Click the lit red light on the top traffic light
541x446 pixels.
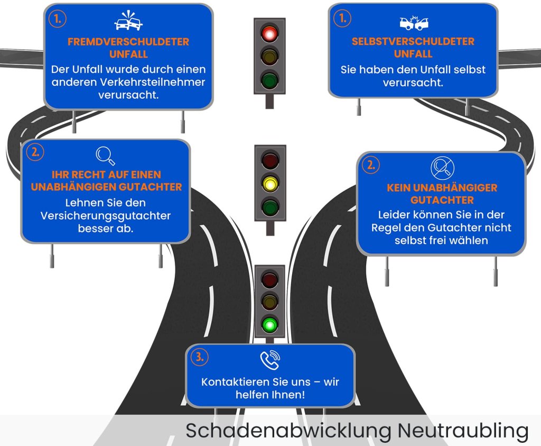click(x=269, y=34)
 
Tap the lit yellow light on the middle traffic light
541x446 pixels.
click(x=270, y=184)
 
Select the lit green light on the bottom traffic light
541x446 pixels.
click(x=269, y=325)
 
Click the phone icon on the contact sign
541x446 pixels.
click(x=270, y=360)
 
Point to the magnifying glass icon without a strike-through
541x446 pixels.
click(x=105, y=156)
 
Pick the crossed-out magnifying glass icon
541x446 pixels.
click(x=442, y=168)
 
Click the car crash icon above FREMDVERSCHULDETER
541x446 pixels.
click(x=128, y=21)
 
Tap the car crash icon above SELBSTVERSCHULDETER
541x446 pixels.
click(x=414, y=22)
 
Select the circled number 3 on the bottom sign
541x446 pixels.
click(x=200, y=357)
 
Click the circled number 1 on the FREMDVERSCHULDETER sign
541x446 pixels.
click(x=57, y=19)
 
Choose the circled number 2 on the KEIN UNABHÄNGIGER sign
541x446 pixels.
click(x=371, y=165)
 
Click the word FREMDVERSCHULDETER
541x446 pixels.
click(x=128, y=42)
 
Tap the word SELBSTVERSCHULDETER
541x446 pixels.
click(x=413, y=41)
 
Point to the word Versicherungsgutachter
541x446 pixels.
click(x=106, y=215)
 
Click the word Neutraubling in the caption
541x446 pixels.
click(x=463, y=431)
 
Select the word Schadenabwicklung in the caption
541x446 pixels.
click(x=288, y=431)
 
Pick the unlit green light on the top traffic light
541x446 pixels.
click(x=269, y=79)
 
